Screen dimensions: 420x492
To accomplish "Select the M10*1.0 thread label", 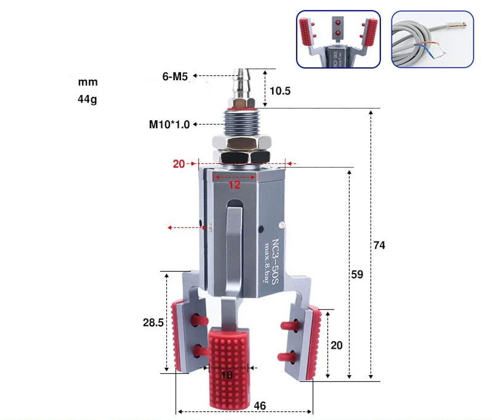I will coord(169,125).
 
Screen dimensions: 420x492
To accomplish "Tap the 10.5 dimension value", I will coord(280,91).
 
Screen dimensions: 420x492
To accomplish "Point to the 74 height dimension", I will coord(379,245).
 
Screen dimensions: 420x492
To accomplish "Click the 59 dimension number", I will coord(357,274).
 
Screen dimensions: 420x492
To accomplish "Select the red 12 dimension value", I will coord(234,185).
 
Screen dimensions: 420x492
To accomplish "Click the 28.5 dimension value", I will coord(153,323).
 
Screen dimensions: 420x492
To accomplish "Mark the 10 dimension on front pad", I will coord(226,375).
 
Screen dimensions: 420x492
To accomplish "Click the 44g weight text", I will coord(88,99).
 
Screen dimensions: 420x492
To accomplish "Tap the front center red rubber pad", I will coord(228,367).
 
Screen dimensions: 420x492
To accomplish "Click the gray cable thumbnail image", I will coord(432,39).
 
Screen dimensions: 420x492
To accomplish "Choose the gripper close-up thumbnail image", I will coord(338,39).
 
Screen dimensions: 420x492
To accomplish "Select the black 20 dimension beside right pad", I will coord(337,346).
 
